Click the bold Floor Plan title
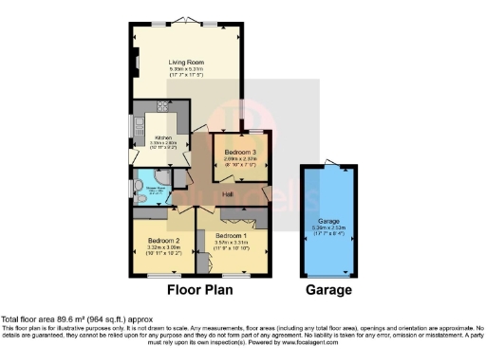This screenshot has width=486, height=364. pos(202,290)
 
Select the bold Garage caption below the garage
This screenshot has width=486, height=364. pos(327,290)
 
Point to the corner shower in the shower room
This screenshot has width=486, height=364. pos(161,179)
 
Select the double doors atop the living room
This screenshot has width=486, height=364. pos(186,21)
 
